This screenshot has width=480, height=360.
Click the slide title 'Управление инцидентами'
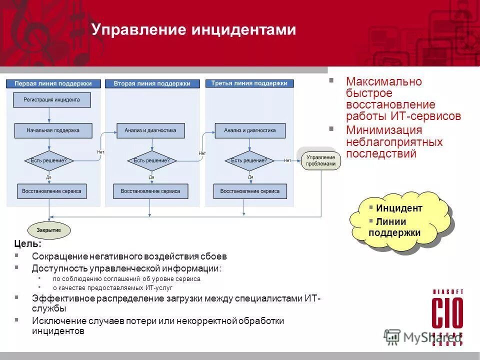click(193, 30)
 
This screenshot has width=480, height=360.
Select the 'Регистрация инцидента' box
click(51, 99)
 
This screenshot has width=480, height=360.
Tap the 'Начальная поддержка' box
click(53, 130)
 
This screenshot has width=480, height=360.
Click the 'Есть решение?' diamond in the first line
click(48, 160)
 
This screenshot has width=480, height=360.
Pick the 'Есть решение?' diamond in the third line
click(248, 160)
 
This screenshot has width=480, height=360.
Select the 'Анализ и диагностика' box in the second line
click(150, 130)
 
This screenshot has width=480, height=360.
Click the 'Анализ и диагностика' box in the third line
click(249, 130)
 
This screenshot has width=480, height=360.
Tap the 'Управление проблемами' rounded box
click(320, 160)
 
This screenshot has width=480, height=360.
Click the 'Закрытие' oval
click(48, 230)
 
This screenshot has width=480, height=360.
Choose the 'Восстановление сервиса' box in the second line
click(150, 191)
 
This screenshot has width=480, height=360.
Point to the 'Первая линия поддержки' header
click(53, 83)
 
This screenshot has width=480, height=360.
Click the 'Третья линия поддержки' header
click(249, 83)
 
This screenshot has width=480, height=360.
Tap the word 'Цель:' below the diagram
click(28, 244)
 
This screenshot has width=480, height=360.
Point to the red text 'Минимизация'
click(377, 130)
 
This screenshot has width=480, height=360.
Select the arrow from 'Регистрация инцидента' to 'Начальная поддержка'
click(49, 115)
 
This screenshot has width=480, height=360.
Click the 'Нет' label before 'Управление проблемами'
click(287, 160)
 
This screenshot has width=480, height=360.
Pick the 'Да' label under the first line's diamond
click(49, 176)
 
